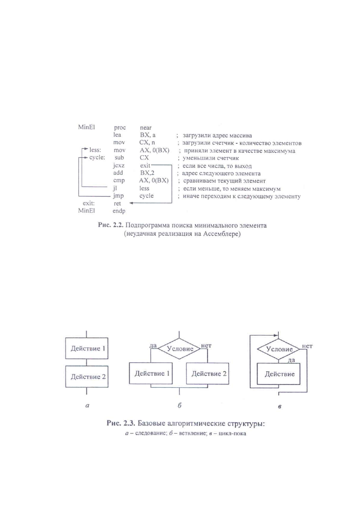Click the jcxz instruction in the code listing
pos(119,165)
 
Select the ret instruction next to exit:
pos(117,204)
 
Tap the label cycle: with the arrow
pos(97,158)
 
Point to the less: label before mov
pos(95,150)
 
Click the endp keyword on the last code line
pos(119,211)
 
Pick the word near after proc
pos(146,128)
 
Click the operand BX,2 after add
pos(147,173)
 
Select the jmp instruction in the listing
pos(119,196)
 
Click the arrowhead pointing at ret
pos(131,203)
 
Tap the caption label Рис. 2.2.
pos(110,225)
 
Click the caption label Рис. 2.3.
pos(121,423)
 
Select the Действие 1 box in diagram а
pos(87,348)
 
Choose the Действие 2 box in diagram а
pos(87,376)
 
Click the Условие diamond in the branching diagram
pos(179,348)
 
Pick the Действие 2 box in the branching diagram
pos(208,373)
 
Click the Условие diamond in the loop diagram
pos(279,349)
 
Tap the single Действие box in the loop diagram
pos(279,374)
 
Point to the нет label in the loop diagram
pos(307,346)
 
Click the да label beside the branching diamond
pos(153,345)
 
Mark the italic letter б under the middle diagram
pos(179,405)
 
